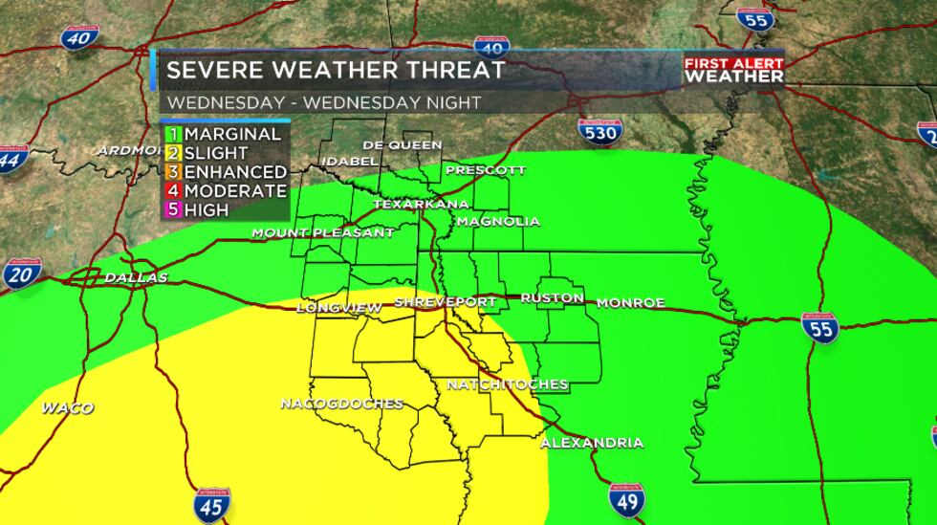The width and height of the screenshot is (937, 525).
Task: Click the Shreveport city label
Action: tap(446, 302)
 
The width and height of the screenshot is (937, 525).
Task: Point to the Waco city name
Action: tap(67, 408)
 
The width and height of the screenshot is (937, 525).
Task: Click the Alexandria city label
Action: tap(591, 443)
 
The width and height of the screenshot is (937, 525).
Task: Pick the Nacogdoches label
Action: tap(341, 404)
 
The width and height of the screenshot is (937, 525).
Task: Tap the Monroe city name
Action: tap(630, 303)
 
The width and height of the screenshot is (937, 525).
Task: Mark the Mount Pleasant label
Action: tap(322, 232)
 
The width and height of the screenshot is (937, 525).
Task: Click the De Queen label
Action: tap(402, 144)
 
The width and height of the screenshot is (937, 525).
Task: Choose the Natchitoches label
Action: tap(508, 384)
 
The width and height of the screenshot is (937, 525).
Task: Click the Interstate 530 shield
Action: tap(599, 131)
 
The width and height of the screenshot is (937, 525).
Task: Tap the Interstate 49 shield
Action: tap(626, 499)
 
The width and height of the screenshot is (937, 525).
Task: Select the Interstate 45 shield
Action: tap(211, 505)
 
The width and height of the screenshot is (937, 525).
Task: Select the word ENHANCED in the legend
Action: tap(235, 172)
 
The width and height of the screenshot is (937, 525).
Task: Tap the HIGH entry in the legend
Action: tap(207, 209)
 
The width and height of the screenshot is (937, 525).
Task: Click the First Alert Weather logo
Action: tap(733, 70)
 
